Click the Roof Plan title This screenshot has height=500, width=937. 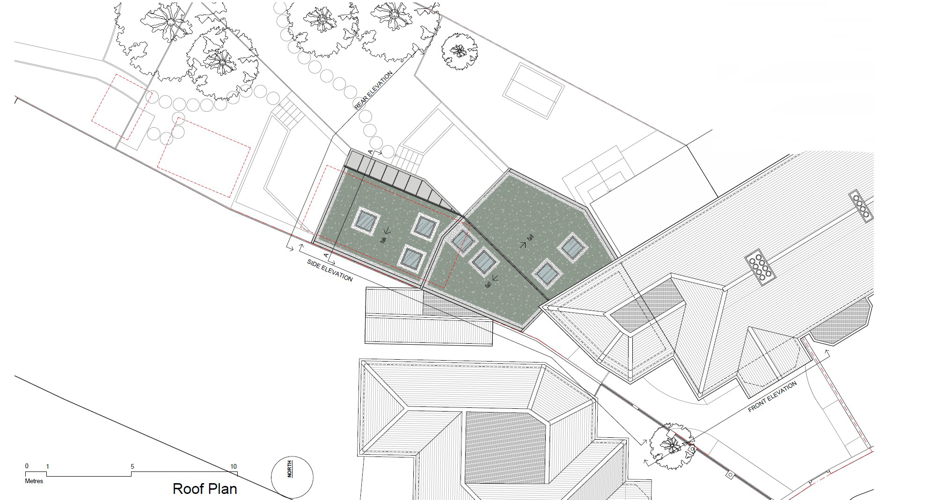tap(205, 489)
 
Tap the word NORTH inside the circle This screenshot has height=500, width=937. tap(290, 469)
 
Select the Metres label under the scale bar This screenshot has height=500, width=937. tap(34, 481)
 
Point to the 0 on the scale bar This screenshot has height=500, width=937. tap(27, 466)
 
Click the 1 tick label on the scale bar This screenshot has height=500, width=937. tap(47, 466)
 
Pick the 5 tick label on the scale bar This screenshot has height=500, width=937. tap(132, 466)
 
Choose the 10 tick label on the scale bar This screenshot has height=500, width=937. tap(234, 466)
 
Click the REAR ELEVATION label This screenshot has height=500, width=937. tap(373, 91)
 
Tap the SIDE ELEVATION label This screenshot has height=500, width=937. tap(329, 270)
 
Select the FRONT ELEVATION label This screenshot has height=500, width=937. tap(772, 397)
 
